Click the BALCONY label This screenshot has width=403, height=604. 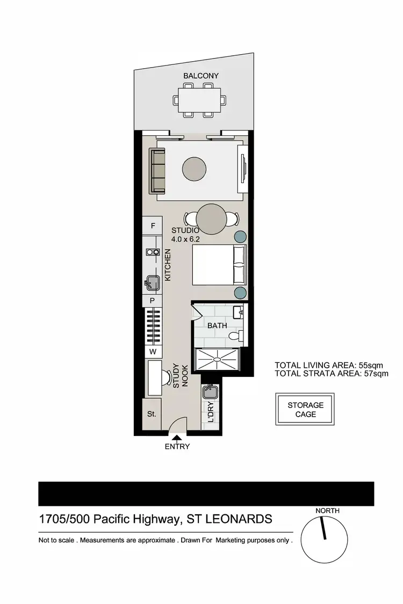click(201, 76)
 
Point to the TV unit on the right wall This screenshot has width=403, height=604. click(243, 170)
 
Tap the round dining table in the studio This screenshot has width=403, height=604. click(211, 219)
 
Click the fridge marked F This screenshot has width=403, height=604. click(153, 226)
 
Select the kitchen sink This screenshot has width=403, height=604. click(152, 281)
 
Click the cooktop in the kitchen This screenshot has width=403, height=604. click(152, 252)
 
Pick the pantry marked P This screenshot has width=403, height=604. click(153, 301)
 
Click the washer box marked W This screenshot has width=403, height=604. click(153, 352)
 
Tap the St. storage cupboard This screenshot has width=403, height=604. click(152, 414)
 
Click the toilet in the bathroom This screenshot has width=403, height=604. click(234, 337)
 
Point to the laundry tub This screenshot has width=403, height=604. click(210, 392)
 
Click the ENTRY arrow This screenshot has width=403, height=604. click(177, 439)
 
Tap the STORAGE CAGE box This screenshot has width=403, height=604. click(305, 410)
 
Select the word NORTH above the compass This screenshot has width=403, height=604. click(327, 511)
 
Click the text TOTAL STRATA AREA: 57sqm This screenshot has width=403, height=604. click(331, 374)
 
